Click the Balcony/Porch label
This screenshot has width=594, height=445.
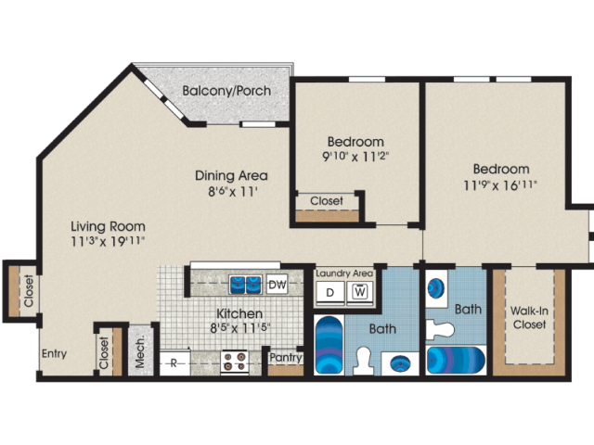226,91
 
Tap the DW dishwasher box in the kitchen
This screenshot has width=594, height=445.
278,284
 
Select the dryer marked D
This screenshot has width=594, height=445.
330,293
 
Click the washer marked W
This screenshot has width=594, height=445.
360,293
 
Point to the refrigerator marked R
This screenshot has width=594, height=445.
174,362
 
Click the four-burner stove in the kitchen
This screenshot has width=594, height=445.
235,362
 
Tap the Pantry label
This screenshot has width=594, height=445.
286,357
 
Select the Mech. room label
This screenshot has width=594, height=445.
140,351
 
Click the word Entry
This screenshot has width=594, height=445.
54,354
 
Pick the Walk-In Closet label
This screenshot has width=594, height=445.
529,317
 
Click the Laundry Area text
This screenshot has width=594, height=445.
344,273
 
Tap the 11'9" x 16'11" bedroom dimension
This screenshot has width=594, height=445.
500,185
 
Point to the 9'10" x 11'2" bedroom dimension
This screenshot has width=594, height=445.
355,156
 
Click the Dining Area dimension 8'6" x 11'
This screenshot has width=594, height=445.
233,192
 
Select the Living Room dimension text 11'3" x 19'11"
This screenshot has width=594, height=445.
108,241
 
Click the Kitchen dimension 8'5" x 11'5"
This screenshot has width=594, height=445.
240,327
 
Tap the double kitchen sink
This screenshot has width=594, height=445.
245,285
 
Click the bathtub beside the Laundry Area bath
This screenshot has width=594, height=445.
329,345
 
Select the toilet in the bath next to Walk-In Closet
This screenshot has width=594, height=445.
440,329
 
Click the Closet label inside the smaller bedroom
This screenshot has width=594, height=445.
327,200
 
